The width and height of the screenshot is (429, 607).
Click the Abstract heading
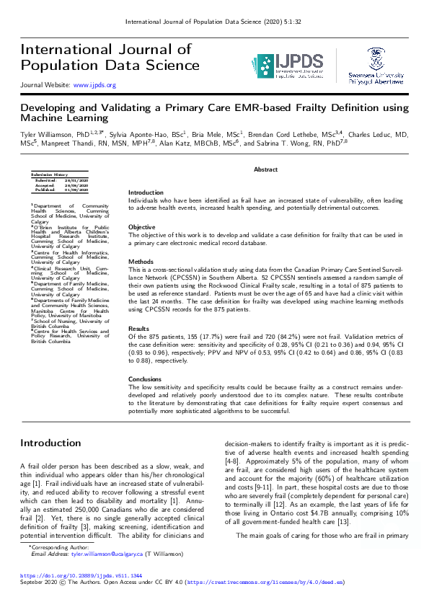point(265,169)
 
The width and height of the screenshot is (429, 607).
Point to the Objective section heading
point(141,226)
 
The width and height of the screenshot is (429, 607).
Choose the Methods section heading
point(141,262)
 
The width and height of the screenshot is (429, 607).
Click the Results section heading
point(139,328)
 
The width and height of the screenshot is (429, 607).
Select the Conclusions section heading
point(146,378)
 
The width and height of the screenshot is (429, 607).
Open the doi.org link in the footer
point(81,576)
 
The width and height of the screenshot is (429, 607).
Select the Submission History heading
point(48,174)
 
